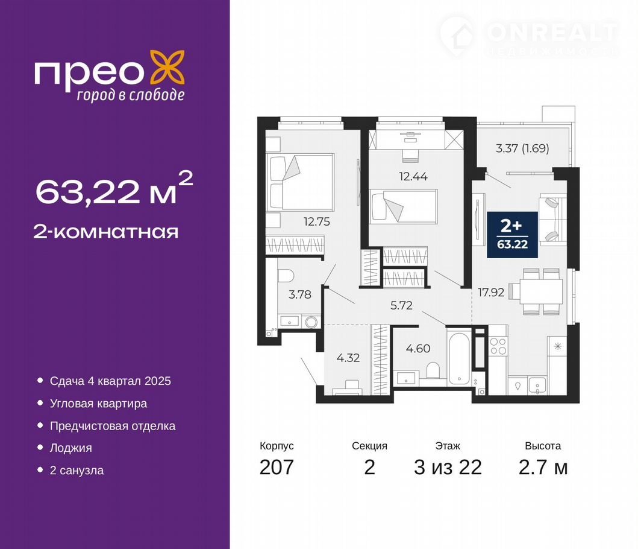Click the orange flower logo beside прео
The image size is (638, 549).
[x=167, y=68]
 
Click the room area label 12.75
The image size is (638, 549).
[x=317, y=222]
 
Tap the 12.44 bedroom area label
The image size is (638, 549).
[x=413, y=177]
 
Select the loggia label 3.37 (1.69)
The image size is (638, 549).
[x=522, y=148]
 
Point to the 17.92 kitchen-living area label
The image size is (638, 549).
[x=491, y=292]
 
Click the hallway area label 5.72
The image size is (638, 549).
[x=401, y=305]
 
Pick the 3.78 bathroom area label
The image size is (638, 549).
[x=300, y=294]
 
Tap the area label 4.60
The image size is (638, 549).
[x=418, y=349]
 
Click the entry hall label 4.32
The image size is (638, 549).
[x=348, y=358]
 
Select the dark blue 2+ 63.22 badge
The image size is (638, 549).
[x=512, y=235]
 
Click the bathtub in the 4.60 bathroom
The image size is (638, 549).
[x=460, y=358]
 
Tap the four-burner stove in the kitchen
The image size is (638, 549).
[x=498, y=346]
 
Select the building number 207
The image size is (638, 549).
[x=277, y=467]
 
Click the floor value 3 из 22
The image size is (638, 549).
[x=448, y=467]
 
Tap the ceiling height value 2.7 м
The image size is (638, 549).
[x=543, y=467]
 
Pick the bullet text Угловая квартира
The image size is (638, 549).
[x=98, y=404]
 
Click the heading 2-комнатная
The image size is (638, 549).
[x=106, y=232]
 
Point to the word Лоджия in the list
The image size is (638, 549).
[x=71, y=448]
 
